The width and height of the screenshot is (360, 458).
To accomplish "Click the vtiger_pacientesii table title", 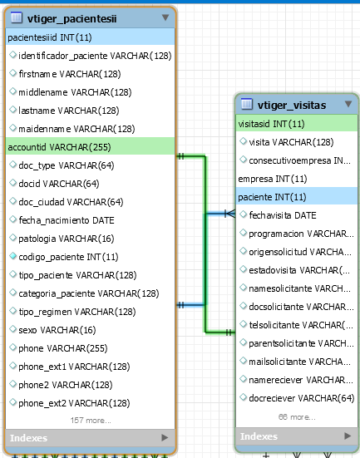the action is [72, 18].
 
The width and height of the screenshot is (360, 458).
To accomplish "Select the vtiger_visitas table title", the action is [292, 106].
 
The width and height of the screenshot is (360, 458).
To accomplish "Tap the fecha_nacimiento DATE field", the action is [67, 220].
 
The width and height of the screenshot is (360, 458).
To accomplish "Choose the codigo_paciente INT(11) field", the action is [68, 257].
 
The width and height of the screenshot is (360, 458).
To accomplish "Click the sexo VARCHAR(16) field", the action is [57, 330].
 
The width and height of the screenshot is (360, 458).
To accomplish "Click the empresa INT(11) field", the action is [273, 179].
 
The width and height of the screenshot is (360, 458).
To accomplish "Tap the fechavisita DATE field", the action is [283, 215].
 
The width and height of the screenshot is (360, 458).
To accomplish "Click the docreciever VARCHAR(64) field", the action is [302, 398].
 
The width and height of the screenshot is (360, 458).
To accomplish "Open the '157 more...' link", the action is [91, 421].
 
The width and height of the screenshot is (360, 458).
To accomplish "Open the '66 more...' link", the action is [297, 417].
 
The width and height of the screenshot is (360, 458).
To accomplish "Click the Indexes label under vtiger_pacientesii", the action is [28, 438].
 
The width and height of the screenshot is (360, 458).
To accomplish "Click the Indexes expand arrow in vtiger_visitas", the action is [348, 436].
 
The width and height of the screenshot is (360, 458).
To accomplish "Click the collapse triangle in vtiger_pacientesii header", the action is [165, 17].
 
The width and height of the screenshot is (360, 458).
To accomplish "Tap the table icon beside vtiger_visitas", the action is [246, 104].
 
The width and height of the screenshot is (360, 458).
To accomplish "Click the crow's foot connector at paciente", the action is [230, 214].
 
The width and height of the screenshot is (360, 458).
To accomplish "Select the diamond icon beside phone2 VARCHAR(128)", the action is [12, 384].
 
